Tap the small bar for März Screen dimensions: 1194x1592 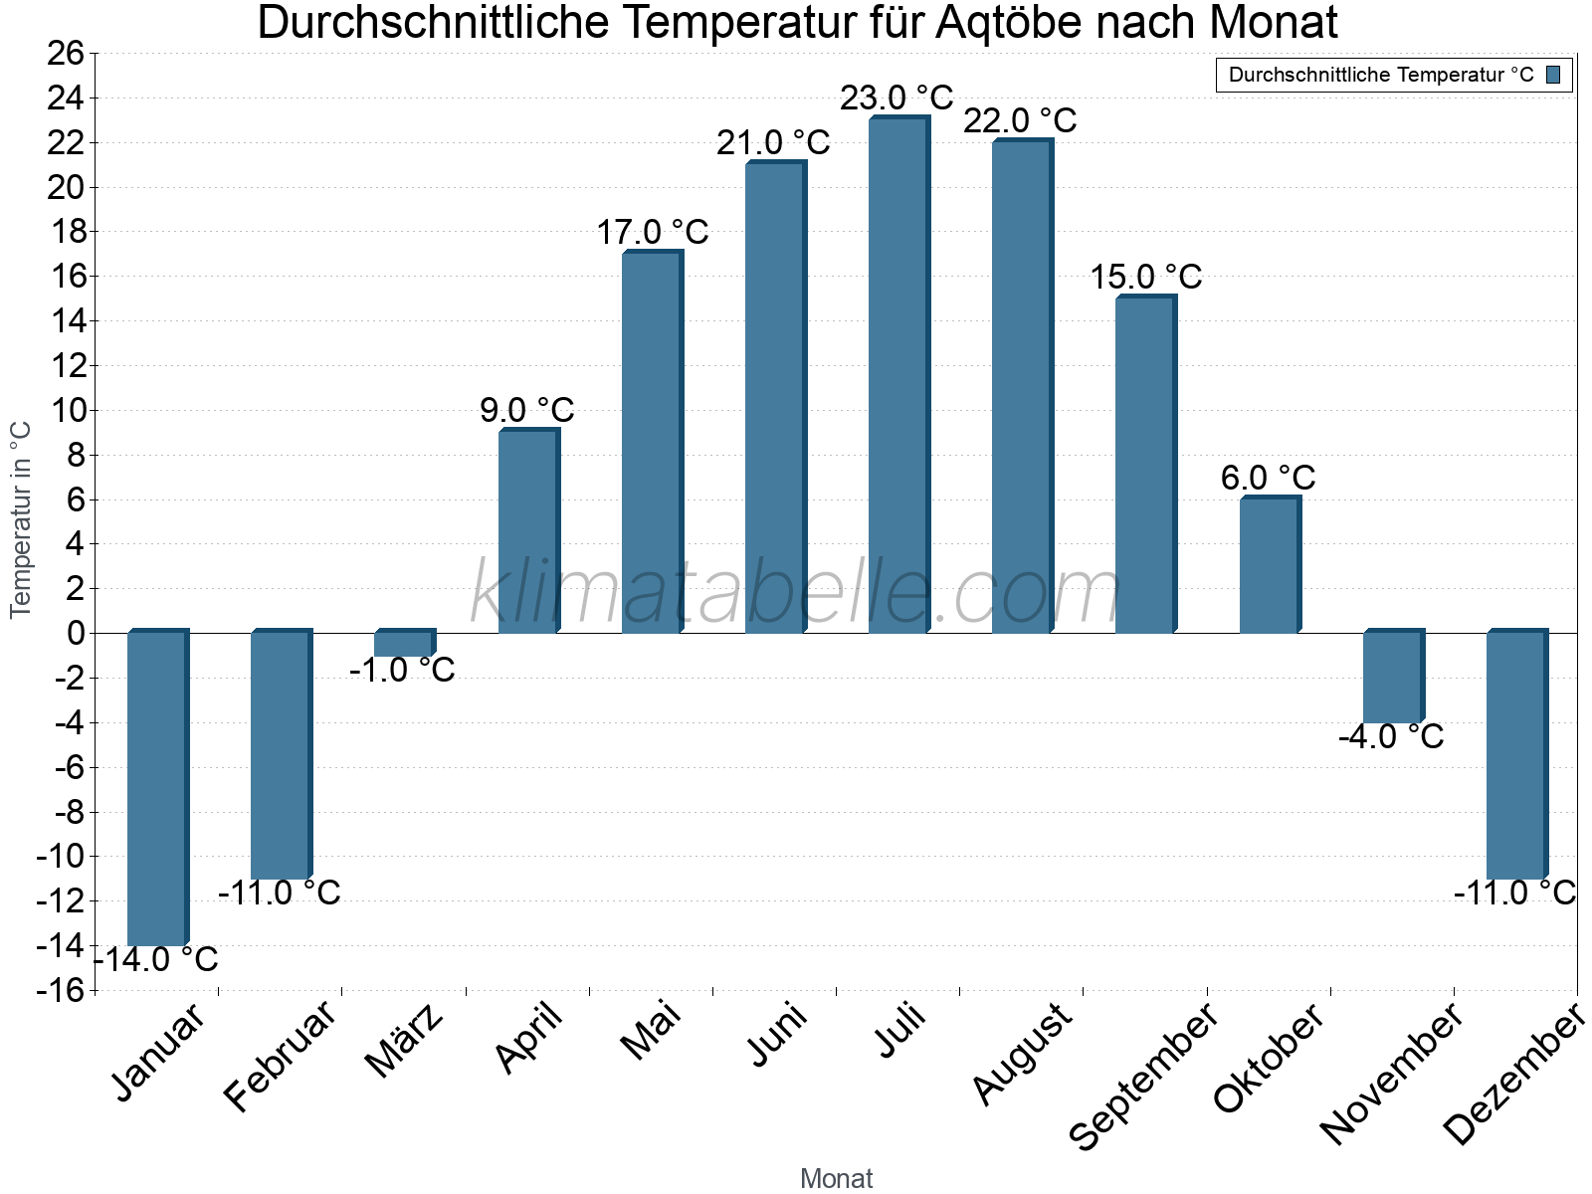[404, 644]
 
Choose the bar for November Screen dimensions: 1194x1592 [1392, 678]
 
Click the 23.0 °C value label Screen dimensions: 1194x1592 [896, 99]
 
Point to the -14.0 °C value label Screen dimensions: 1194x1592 [157, 960]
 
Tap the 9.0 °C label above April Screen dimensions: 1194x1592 [526, 410]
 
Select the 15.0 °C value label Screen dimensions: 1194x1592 [1145, 277]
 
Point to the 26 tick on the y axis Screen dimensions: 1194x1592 [66, 54]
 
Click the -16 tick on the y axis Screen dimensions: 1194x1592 [62, 990]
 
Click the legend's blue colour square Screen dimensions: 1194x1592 [1553, 75]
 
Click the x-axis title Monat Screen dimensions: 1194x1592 [836, 1179]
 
